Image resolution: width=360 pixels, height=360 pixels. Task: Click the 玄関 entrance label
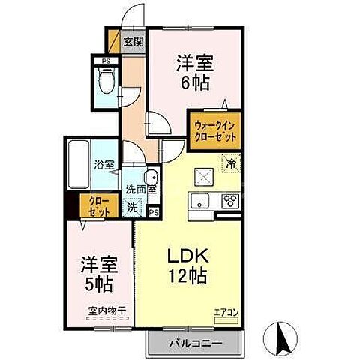tap(134, 42)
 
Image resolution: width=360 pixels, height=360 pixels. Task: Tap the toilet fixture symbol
tap(106, 79)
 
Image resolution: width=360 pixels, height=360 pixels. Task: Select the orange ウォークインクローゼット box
tap(215, 133)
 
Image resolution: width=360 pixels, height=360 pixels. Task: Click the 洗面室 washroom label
tap(141, 190)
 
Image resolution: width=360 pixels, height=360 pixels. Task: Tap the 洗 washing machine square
tap(132, 206)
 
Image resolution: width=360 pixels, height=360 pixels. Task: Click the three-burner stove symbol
tap(229, 200)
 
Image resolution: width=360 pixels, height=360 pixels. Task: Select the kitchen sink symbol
tap(201, 200)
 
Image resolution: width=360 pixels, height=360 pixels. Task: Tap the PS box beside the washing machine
tap(154, 212)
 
